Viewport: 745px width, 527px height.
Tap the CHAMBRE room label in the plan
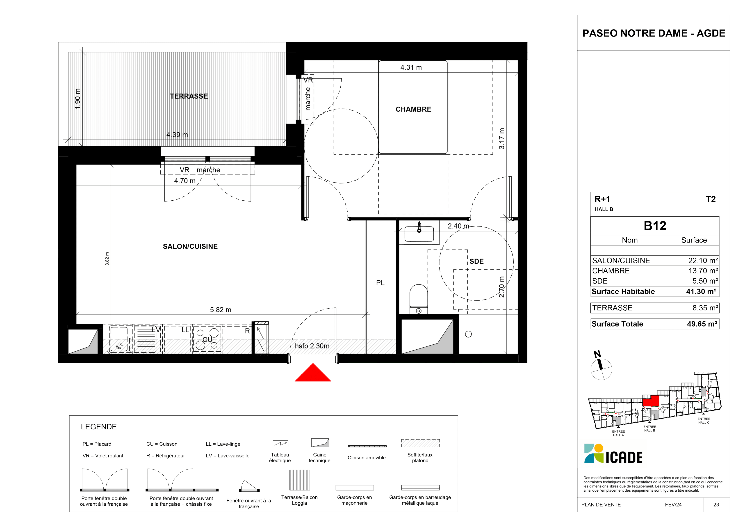(x=413, y=109)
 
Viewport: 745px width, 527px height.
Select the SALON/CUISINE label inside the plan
(x=190, y=246)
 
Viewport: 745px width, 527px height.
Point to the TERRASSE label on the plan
(x=189, y=96)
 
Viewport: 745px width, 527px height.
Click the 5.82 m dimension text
(x=221, y=310)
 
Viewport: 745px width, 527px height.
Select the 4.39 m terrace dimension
(x=177, y=135)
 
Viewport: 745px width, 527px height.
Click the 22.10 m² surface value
(x=703, y=260)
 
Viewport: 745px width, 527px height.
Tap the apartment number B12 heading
(x=655, y=226)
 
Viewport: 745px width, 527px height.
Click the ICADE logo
(x=613, y=454)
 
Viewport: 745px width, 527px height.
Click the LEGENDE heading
(x=99, y=427)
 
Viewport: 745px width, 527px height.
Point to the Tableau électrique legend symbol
(x=280, y=444)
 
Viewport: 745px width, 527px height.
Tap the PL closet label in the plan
(x=380, y=283)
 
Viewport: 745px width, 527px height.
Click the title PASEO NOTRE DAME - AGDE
(x=654, y=33)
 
